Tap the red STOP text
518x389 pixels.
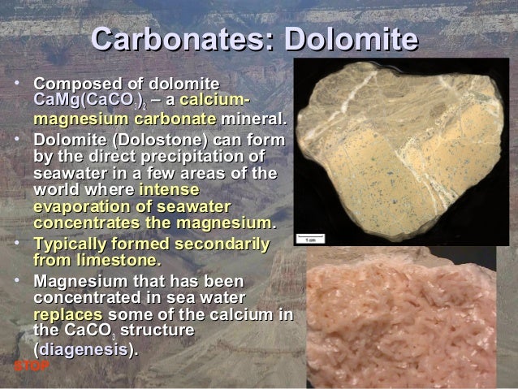[x=32, y=365]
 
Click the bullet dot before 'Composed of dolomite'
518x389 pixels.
[x=17, y=84]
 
